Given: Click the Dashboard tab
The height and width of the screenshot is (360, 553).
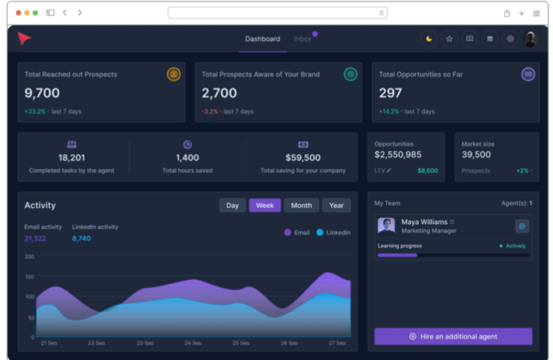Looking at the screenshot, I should (x=262, y=39).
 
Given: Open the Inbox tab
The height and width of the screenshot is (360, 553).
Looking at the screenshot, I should (x=302, y=39).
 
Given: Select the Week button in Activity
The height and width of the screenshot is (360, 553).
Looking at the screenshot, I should (x=265, y=205).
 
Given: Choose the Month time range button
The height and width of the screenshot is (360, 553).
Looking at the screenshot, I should (x=301, y=205).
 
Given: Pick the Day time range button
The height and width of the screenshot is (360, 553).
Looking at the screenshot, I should (x=232, y=205).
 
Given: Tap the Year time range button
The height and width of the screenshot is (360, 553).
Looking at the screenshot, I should (x=336, y=205).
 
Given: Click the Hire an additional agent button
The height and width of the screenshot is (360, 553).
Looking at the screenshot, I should (x=453, y=336).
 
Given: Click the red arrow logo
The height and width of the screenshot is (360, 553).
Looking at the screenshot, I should (x=24, y=39).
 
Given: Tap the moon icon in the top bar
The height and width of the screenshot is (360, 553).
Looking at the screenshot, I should (x=429, y=39).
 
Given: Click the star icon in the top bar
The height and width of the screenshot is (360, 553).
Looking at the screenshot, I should (x=449, y=39).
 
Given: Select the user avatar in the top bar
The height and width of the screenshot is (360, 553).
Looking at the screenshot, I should (x=531, y=39).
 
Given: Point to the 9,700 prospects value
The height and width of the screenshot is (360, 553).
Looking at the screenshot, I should (x=42, y=94).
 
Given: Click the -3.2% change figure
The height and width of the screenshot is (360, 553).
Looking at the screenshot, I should (x=210, y=112).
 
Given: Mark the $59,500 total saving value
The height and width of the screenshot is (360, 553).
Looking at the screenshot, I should (x=302, y=158).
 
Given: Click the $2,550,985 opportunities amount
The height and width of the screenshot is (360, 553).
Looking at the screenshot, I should (x=397, y=155).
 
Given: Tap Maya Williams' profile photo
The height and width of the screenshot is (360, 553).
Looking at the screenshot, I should (x=386, y=226).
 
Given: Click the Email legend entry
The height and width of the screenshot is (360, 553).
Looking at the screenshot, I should (x=297, y=233).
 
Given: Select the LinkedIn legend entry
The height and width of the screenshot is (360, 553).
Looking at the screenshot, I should (x=333, y=233).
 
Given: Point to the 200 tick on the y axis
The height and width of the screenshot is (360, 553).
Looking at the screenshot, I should (x=30, y=256).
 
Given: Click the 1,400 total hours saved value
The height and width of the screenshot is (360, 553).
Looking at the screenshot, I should (x=187, y=158).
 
